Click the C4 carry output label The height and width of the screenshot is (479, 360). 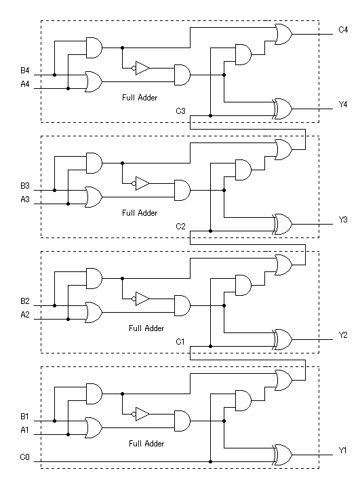coord(343,30)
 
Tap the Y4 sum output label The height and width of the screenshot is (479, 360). coord(343,104)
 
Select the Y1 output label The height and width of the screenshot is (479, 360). coord(342,451)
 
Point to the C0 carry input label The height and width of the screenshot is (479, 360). coord(24,457)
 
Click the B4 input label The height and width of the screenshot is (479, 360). coord(24,71)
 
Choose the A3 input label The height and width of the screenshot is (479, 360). coord(24,199)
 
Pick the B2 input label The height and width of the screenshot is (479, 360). coord(24,301)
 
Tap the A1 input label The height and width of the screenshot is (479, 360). coord(24,430)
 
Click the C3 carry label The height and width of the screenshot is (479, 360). coord(180,111)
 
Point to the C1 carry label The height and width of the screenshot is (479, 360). coord(180,341)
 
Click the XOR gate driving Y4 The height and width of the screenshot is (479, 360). coord(283,109)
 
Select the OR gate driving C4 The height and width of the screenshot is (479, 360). coord(283,34)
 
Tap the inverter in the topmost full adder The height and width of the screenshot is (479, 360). coord(141,68)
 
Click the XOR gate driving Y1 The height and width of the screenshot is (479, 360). coord(283,455)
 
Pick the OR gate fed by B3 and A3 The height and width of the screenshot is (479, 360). coord(94,197)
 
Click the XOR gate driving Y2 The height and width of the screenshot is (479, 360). coord(283,339)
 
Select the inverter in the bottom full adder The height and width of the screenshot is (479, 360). coord(141,415)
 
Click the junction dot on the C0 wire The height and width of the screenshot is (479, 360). coord(210,461)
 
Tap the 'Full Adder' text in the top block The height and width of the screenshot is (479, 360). coord(140,98)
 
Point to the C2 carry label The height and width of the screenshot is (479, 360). coord(180,227)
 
